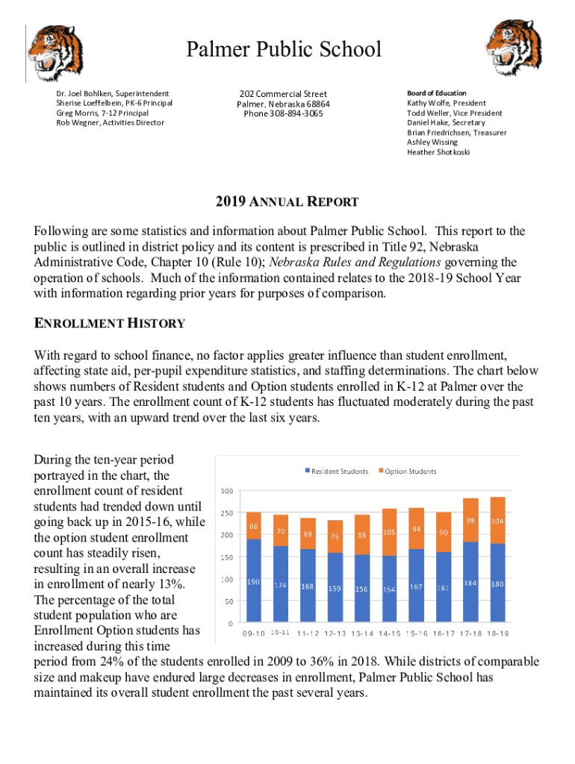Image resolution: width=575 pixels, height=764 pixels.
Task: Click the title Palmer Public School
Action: [x=284, y=50]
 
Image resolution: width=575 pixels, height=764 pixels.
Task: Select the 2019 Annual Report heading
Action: [x=287, y=202]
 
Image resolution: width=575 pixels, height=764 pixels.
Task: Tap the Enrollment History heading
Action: [x=109, y=323]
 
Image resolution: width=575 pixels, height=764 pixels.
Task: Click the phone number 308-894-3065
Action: [x=283, y=114]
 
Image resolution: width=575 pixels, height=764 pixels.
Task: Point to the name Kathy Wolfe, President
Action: [x=446, y=103]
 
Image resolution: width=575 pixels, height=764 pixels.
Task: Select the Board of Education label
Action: [x=436, y=93]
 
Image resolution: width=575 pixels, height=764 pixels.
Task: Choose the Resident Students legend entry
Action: [x=336, y=472]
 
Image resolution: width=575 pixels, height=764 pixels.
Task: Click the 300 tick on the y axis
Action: [x=226, y=491]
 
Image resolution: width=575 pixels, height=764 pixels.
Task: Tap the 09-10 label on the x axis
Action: [x=254, y=634]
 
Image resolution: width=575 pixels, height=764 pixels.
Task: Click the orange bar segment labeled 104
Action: [x=498, y=520]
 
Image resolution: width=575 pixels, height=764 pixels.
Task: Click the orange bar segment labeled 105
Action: [x=389, y=532]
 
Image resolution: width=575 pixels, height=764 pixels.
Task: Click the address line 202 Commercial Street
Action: [x=283, y=94]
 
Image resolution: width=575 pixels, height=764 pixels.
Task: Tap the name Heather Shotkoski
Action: [x=438, y=152]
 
